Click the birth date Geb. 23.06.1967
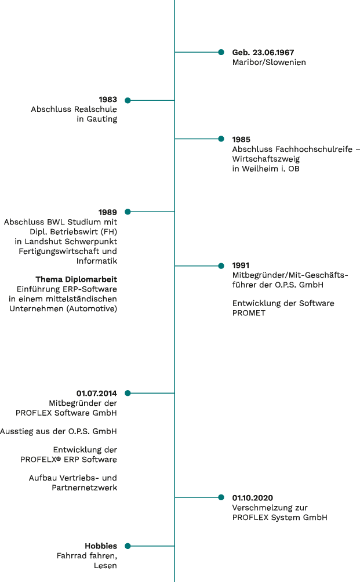tap(263, 52)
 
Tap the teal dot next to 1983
tap(128, 100)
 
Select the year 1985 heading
tap(241, 140)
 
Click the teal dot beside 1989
tap(128, 212)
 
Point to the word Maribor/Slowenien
tap(269, 63)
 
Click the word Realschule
tap(96, 109)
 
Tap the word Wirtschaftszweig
tap(266, 159)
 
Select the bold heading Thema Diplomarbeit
tap(77, 279)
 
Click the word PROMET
tap(249, 313)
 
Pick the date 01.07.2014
tap(96, 394)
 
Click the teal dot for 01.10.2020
tap(221, 497)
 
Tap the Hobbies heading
tap(101, 546)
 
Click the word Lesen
tap(106, 566)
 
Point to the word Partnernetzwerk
tap(85, 488)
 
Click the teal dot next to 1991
tap(221, 265)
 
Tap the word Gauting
tap(102, 119)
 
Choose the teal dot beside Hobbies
tap(128, 546)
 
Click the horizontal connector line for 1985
tap(197, 139)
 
